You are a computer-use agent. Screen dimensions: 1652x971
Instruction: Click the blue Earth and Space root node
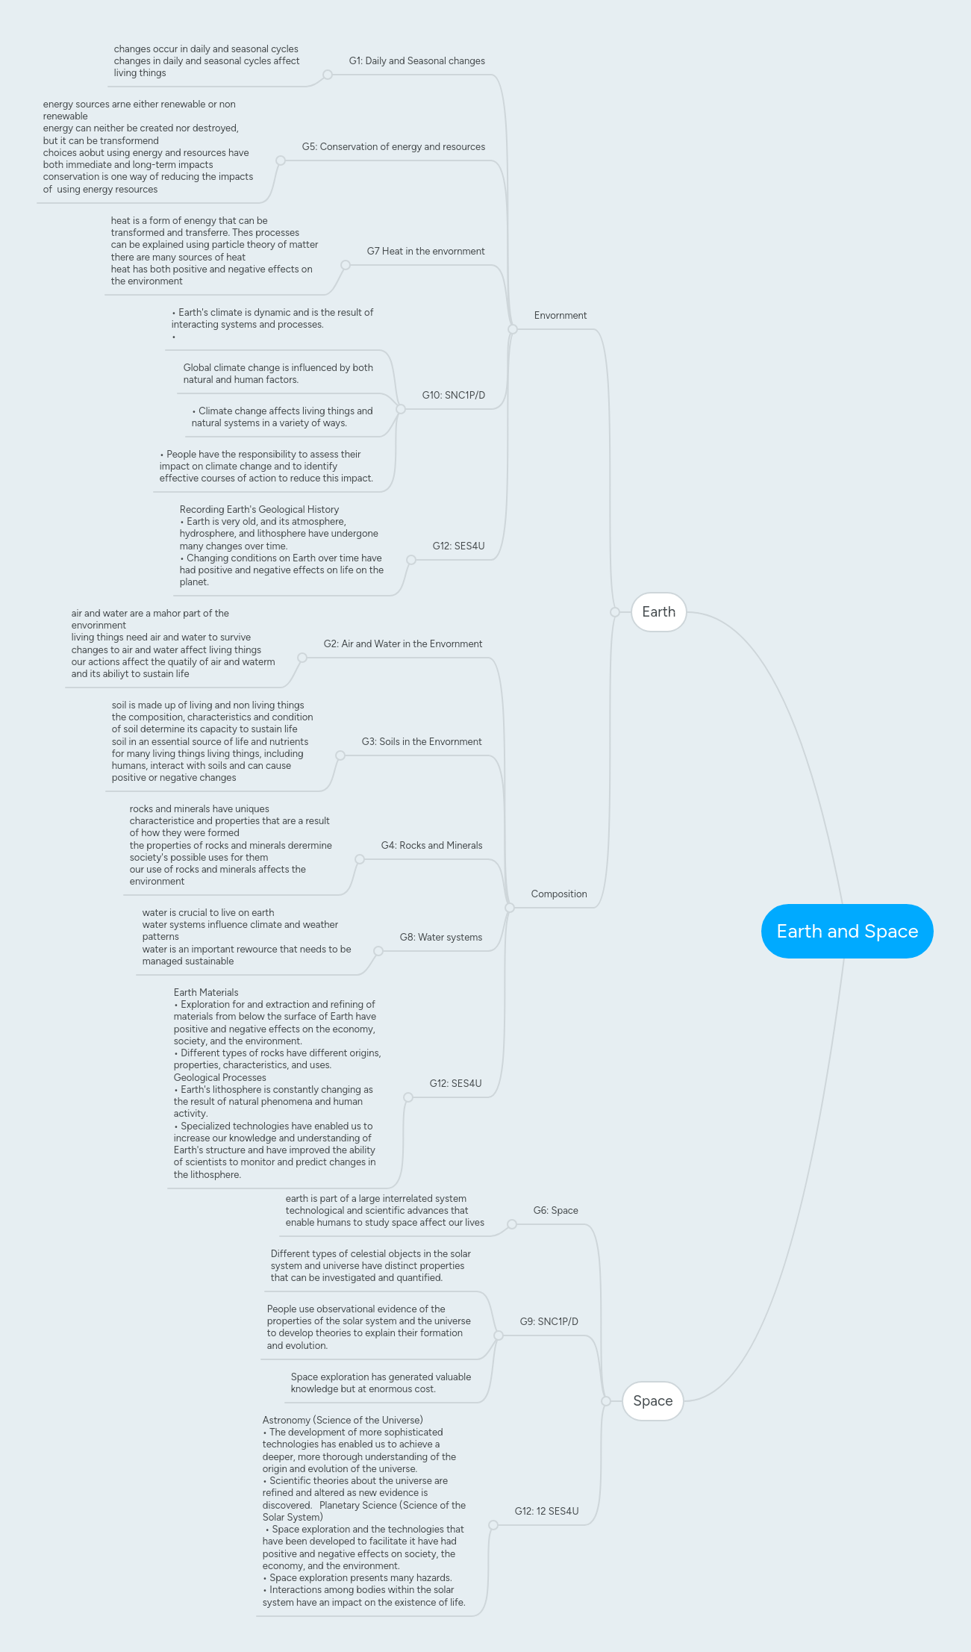click(x=847, y=931)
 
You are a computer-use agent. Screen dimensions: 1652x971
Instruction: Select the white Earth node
click(x=658, y=612)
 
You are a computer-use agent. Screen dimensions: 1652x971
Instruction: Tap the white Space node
click(x=652, y=1401)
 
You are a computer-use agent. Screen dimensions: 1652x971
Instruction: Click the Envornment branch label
click(x=560, y=316)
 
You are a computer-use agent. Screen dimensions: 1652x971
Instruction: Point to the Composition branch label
click(x=558, y=894)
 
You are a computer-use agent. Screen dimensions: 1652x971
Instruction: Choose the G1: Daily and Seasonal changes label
click(x=416, y=61)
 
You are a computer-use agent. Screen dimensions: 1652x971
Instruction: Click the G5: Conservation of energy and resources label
click(x=393, y=147)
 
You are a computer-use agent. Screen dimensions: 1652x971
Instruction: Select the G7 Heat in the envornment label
click(x=425, y=252)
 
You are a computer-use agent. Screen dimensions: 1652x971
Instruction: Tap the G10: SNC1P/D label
click(x=453, y=396)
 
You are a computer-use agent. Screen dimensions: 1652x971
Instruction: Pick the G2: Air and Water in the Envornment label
click(x=402, y=644)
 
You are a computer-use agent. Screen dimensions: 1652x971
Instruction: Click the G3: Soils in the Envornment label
click(x=421, y=742)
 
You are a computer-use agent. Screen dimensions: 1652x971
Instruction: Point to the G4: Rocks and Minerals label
click(x=431, y=846)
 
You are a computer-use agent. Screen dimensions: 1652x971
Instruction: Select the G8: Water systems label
click(x=440, y=938)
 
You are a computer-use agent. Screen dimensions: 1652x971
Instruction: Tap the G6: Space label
click(x=555, y=1211)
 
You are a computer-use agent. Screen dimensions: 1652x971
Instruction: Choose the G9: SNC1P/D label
click(x=549, y=1322)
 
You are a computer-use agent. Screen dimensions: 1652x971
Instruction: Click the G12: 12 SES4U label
click(x=546, y=1512)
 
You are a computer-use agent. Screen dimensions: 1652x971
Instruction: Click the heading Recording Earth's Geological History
click(x=259, y=510)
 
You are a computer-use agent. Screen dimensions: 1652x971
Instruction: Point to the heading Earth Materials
click(x=206, y=993)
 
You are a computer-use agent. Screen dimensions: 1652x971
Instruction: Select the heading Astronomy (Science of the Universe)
click(x=343, y=1421)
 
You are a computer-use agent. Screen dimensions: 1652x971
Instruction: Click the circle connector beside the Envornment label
click(x=513, y=329)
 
